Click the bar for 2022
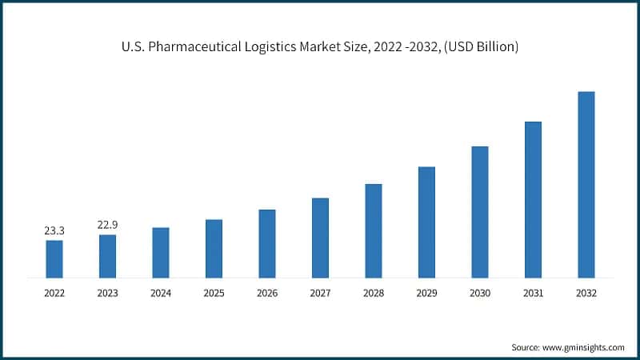pyautogui.click(x=54, y=258)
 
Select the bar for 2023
pyautogui.click(x=107, y=256)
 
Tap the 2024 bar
pyautogui.click(x=161, y=252)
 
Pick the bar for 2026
pyautogui.click(x=267, y=243)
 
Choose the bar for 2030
pyautogui.click(x=480, y=212)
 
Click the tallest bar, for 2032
pyautogui.click(x=586, y=185)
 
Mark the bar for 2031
pyautogui.click(x=533, y=199)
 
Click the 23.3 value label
pyautogui.click(x=54, y=231)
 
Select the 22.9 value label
pyautogui.click(x=107, y=226)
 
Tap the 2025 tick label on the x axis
pyautogui.click(x=214, y=294)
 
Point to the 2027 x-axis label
pyautogui.click(x=320, y=294)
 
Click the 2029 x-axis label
pyautogui.click(x=426, y=294)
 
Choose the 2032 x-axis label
pyautogui.click(x=586, y=294)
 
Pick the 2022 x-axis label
pyautogui.click(x=54, y=294)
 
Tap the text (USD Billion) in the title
pyautogui.click(x=478, y=47)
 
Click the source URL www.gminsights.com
pyautogui.click(x=582, y=347)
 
